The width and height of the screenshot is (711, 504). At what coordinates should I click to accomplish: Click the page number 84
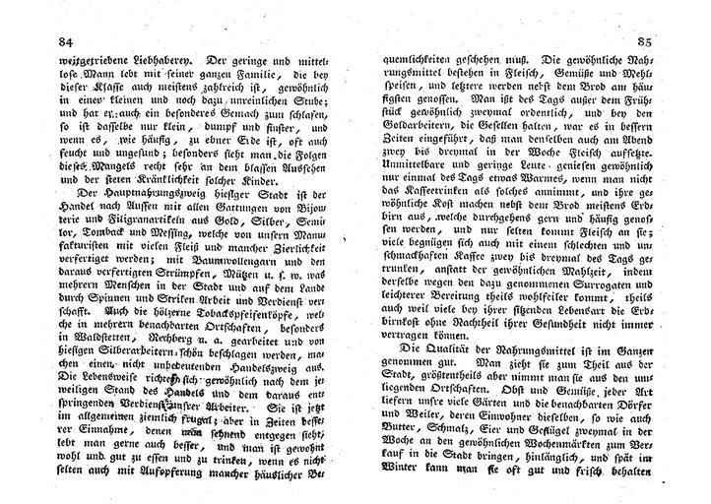tap(40, 42)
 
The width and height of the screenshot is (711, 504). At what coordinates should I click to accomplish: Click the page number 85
tap(644, 42)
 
